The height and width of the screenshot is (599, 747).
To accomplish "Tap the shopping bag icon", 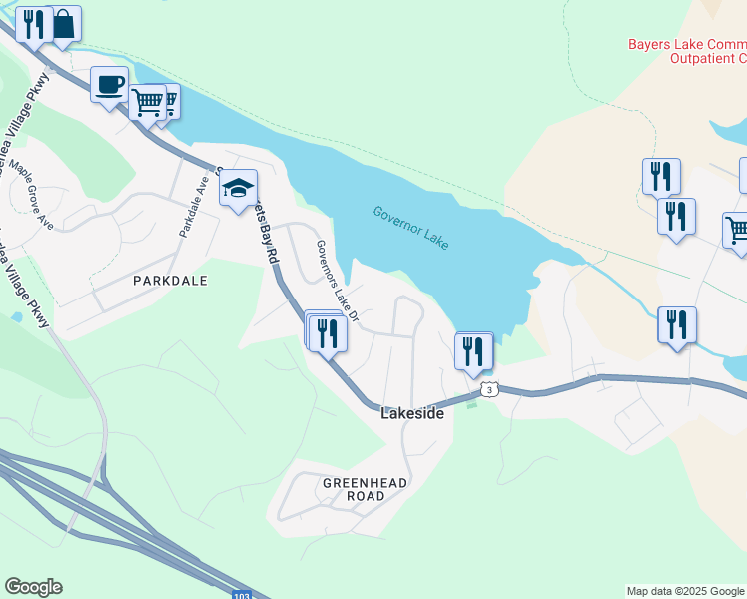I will (63, 23).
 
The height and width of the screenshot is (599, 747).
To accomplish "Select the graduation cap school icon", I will (238, 187).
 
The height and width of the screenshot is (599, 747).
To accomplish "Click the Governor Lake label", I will (410, 228).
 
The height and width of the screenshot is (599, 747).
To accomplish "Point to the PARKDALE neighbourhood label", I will (170, 281).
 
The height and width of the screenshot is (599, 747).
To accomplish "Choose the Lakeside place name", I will (412, 413).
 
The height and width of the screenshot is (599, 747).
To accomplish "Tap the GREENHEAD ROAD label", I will (365, 489).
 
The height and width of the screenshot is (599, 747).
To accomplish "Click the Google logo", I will (33, 587).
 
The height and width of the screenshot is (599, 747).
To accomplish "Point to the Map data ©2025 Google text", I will (684, 591).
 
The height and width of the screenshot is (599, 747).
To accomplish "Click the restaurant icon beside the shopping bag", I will (34, 23).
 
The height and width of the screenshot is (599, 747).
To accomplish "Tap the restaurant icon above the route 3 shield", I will (472, 350).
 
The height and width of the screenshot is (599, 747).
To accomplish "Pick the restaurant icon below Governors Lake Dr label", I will (328, 332).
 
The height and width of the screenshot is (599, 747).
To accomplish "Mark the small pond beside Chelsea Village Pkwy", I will (17, 317).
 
